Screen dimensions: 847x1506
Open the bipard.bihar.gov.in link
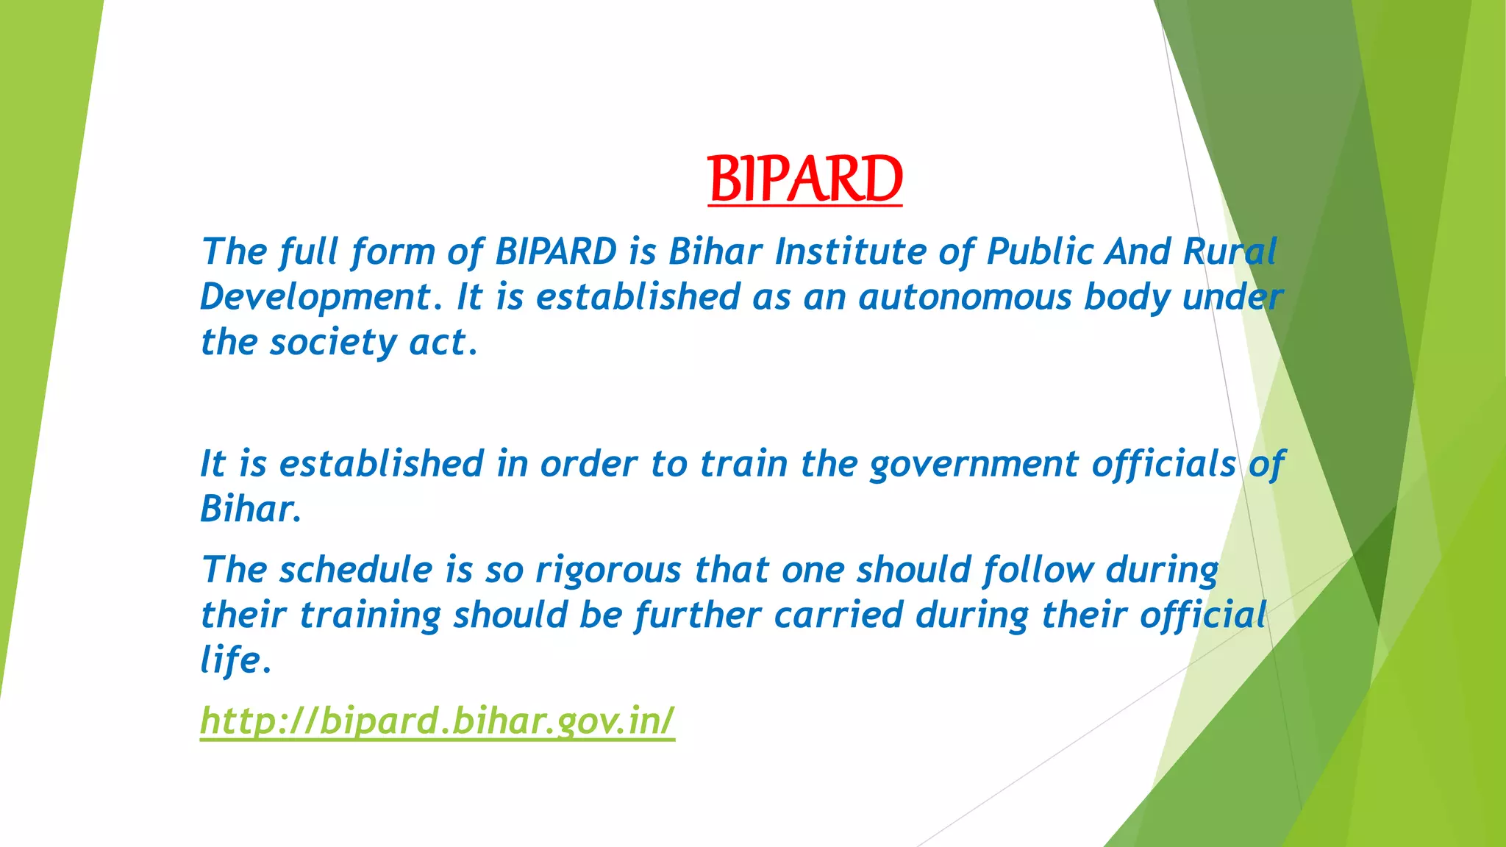(x=437, y=721)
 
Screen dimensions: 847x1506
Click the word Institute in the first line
(x=850, y=251)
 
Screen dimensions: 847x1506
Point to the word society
(x=333, y=343)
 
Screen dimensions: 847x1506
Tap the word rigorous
(x=608, y=571)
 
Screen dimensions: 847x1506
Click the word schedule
(x=356, y=571)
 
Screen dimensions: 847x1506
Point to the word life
(x=230, y=660)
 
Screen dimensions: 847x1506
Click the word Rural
(x=1230, y=251)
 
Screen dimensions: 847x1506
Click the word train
(x=743, y=464)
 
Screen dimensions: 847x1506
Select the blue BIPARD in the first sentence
(x=556, y=251)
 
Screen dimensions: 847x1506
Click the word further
(x=698, y=615)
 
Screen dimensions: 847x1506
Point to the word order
(x=589, y=464)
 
